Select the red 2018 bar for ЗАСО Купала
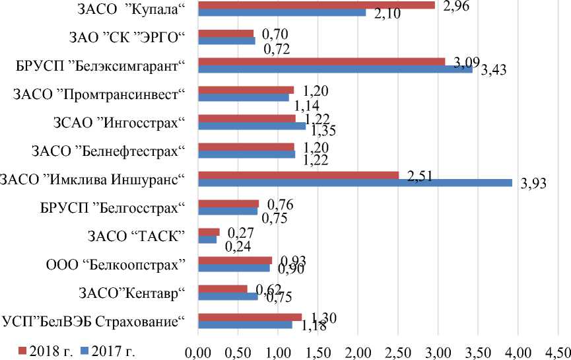pyautogui.click(x=316, y=5)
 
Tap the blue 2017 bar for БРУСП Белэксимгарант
pyautogui.click(x=335, y=69)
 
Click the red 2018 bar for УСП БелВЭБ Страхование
pyautogui.click(x=250, y=317)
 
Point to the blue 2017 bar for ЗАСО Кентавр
pyautogui.click(x=228, y=296)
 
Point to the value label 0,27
pyautogui.click(x=240, y=233)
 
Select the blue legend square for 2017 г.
pyautogui.click(x=84, y=349)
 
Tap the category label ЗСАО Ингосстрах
pyautogui.click(x=118, y=122)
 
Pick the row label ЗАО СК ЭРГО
pyautogui.click(x=125, y=37)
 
